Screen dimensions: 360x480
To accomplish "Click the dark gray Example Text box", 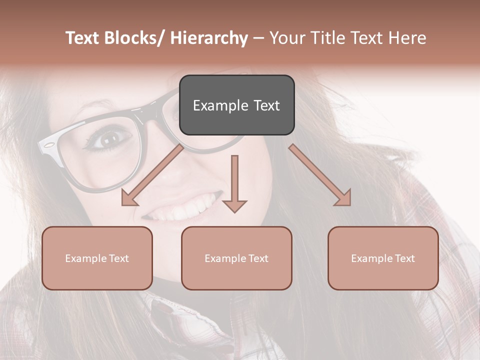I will point(236,105).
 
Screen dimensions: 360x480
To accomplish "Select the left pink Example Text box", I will point(97,258).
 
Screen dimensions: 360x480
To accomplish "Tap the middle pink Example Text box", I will point(236,258).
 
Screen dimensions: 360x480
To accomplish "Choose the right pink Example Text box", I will point(383,258).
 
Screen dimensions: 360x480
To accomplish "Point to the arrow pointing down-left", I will point(153,175).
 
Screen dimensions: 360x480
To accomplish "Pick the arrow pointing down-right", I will point(320,175).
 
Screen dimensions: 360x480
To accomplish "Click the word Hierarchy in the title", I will point(209,38).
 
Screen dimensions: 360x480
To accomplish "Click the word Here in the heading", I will point(407,38).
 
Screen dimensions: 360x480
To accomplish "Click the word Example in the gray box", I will point(217,105).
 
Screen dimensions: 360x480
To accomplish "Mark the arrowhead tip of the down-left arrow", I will point(123,204).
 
